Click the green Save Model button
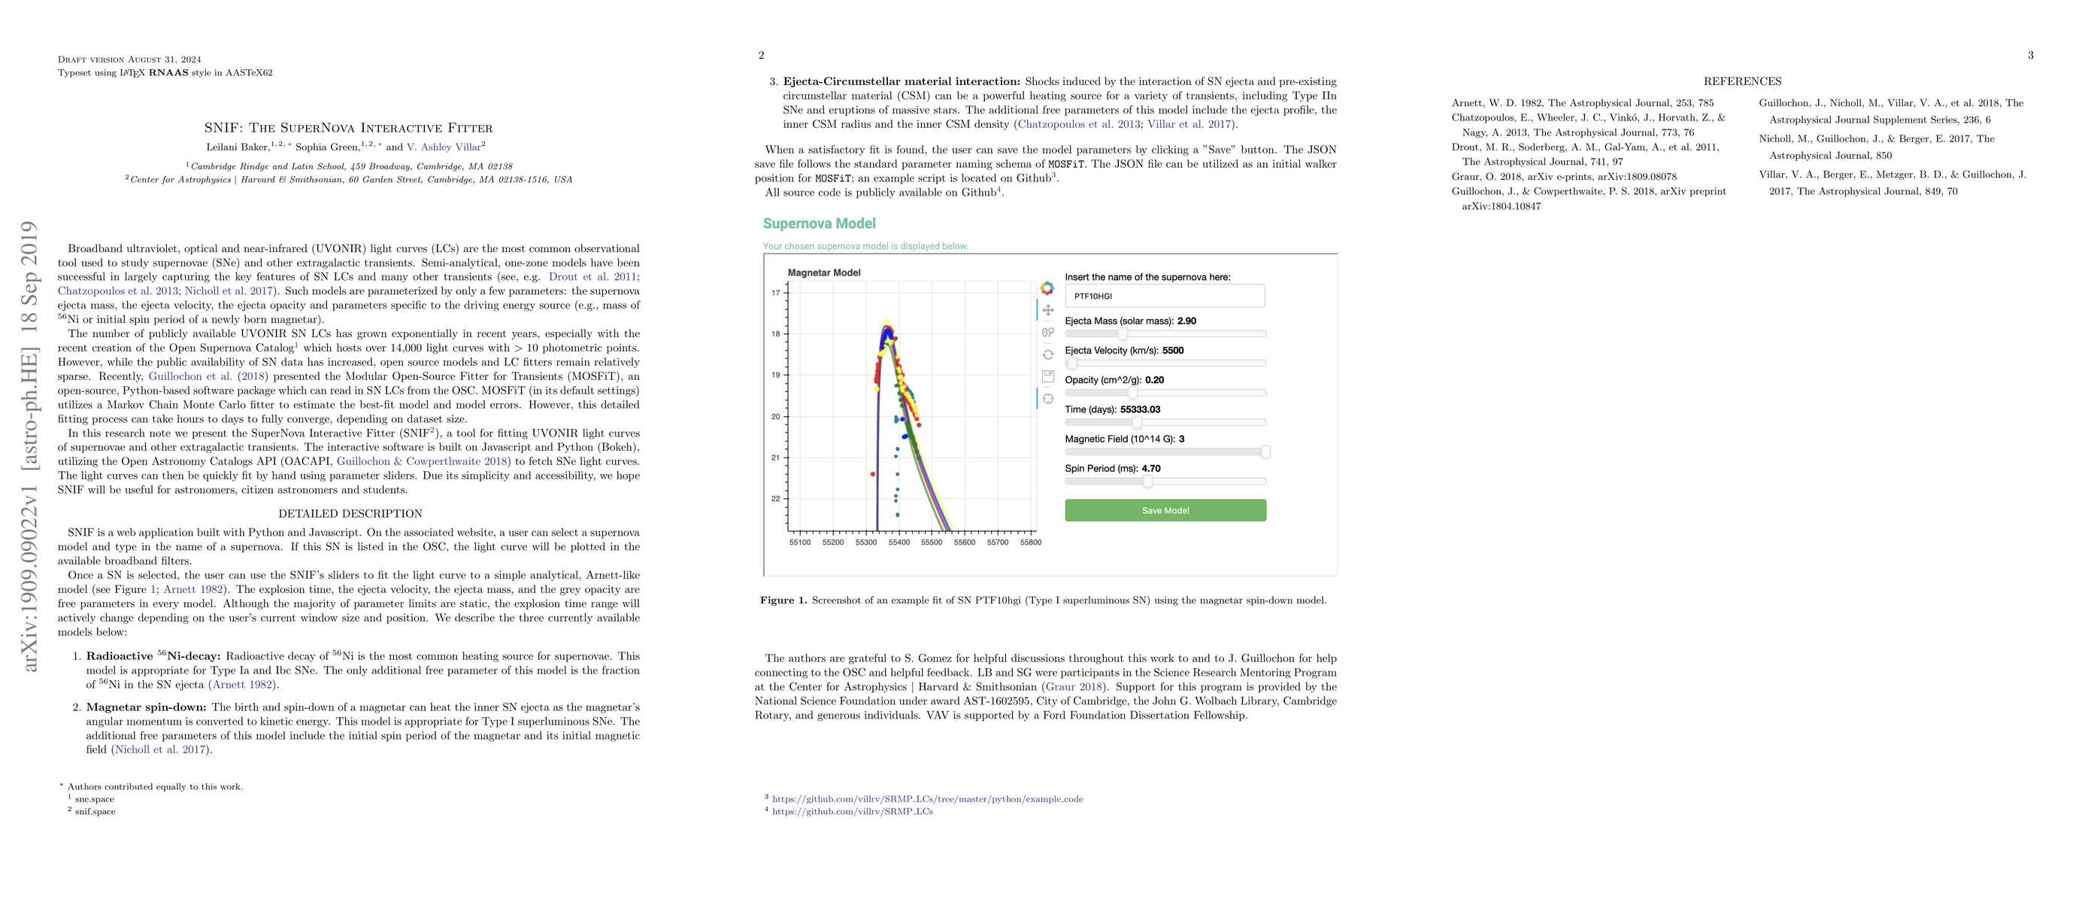[x=1165, y=510]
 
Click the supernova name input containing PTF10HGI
[x=1164, y=296]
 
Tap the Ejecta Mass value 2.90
[x=1186, y=321]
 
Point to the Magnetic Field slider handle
[x=1265, y=452]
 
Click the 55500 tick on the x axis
[x=932, y=542]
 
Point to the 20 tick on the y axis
[x=775, y=417]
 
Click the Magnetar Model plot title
[x=824, y=273]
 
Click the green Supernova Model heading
[x=819, y=223]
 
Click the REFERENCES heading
[x=1742, y=81]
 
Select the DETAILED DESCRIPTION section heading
[x=350, y=513]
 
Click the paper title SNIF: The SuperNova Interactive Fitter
[x=348, y=127]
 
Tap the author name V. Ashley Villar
[x=446, y=147]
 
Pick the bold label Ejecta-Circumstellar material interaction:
[x=901, y=81]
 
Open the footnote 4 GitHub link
[x=853, y=811]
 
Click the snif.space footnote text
[x=95, y=811]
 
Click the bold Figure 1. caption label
[x=783, y=600]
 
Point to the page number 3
[x=2030, y=55]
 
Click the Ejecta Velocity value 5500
[x=1173, y=351]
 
